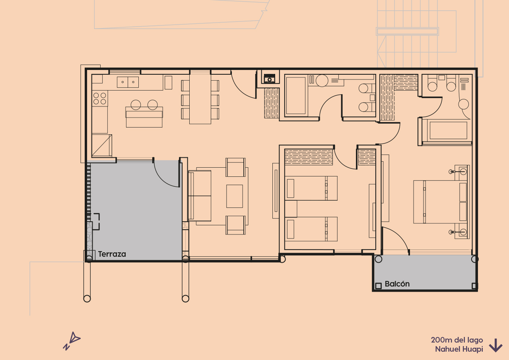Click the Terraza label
pyautogui.click(x=112, y=254)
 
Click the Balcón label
pyautogui.click(x=397, y=284)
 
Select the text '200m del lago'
pyautogui.click(x=457, y=340)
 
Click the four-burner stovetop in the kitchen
pyautogui.click(x=99, y=99)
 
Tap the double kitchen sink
pyautogui.click(x=128, y=82)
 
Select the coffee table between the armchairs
pyautogui.click(x=235, y=196)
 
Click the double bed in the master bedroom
pyautogui.click(x=440, y=202)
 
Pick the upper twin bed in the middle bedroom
pyautogui.click(x=311, y=188)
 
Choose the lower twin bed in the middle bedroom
pyautogui.click(x=311, y=229)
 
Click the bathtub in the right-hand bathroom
pyautogui.click(x=448, y=130)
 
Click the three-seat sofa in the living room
pyautogui.click(x=200, y=195)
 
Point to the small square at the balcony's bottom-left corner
pyautogui.click(x=378, y=286)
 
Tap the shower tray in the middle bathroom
pyautogui.click(x=295, y=96)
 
